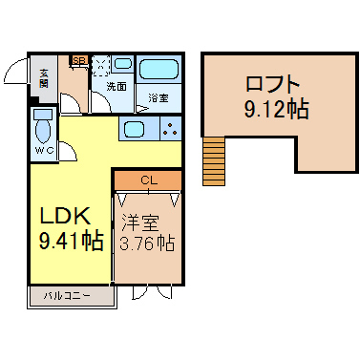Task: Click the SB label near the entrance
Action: pyautogui.click(x=79, y=60)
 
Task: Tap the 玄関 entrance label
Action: pyautogui.click(x=44, y=78)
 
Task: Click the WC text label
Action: pyautogui.click(x=44, y=151)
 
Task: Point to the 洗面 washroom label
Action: pyautogui.click(x=116, y=86)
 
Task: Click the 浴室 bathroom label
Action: pyautogui.click(x=159, y=98)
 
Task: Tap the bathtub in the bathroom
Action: pyautogui.click(x=159, y=69)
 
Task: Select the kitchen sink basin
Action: pyautogui.click(x=135, y=129)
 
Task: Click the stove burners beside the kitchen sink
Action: pyautogui.click(x=171, y=129)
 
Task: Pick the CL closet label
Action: pyautogui.click(x=149, y=181)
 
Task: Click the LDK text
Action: pyautogui.click(x=65, y=216)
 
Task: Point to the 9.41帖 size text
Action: pyautogui.click(x=72, y=241)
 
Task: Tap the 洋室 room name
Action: pyautogui.click(x=140, y=222)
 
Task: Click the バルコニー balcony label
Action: pyautogui.click(x=67, y=296)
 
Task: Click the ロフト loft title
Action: pyautogui.click(x=273, y=85)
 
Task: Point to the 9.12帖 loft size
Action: pyautogui.click(x=276, y=109)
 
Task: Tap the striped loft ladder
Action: pyautogui.click(x=214, y=160)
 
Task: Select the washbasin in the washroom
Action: pyautogui.click(x=123, y=63)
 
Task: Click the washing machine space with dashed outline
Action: pyautogui.click(x=101, y=66)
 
